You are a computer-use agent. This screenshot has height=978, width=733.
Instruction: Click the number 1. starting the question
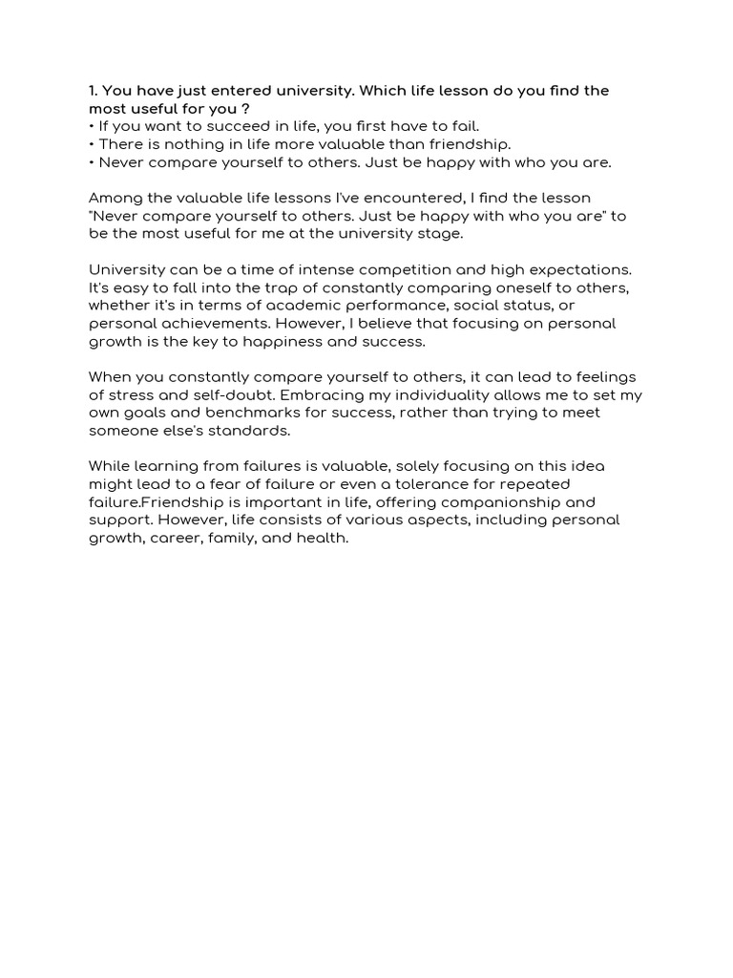tap(93, 91)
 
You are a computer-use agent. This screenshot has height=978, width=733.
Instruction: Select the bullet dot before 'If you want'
tap(91, 127)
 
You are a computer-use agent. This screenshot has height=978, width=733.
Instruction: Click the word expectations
tap(579, 270)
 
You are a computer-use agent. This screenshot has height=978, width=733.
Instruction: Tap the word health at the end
tap(326, 539)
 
